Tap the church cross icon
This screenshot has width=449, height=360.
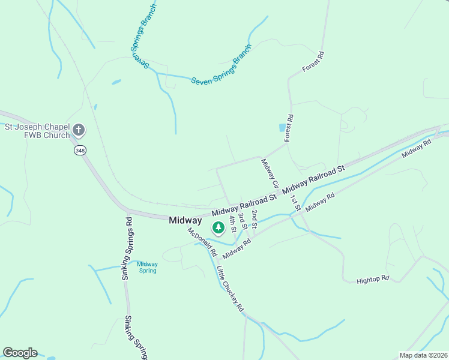[79, 130]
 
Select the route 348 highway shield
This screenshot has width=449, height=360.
[80, 150]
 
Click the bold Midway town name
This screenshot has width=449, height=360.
[185, 220]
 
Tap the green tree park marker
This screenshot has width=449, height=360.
[218, 228]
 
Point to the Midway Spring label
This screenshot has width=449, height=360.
[147, 267]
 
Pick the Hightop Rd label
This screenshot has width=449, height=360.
[373, 280]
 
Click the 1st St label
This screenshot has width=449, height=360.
[295, 203]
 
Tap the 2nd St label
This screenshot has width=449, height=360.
[255, 219]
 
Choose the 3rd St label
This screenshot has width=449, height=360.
[242, 221]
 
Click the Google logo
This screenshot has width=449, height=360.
[20, 353]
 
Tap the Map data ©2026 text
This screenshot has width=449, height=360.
[423, 355]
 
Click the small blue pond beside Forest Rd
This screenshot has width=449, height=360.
[282, 128]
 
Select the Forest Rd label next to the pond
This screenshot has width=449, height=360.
[289, 128]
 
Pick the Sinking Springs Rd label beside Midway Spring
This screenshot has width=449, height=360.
[127, 248]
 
